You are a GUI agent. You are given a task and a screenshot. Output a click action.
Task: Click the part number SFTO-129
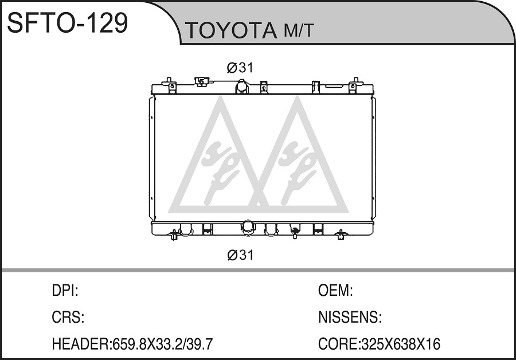(68, 22)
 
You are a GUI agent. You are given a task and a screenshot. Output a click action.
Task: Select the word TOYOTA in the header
(231, 30)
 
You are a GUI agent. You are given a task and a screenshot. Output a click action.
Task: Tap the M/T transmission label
(299, 30)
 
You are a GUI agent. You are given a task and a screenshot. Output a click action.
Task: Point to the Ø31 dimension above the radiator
(240, 68)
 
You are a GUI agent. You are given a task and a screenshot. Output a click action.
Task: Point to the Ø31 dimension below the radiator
(240, 255)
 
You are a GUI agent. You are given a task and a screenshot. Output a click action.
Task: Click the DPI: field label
(65, 291)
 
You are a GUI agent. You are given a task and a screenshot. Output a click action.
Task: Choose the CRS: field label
(68, 317)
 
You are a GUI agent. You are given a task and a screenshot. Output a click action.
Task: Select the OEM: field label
(335, 291)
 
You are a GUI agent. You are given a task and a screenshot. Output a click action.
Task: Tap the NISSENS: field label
(350, 317)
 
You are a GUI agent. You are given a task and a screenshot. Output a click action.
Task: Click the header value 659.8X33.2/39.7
(163, 344)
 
